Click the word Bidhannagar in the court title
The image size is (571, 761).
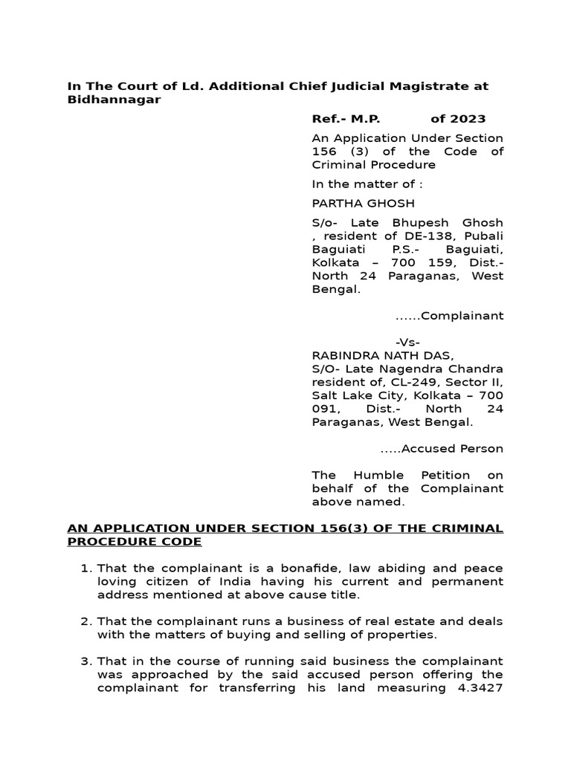click(114, 100)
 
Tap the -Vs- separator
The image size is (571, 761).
click(407, 343)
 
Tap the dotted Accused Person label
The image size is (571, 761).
click(442, 449)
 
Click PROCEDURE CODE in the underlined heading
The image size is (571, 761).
click(135, 542)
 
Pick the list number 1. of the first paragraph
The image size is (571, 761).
click(85, 569)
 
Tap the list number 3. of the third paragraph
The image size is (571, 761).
click(85, 661)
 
